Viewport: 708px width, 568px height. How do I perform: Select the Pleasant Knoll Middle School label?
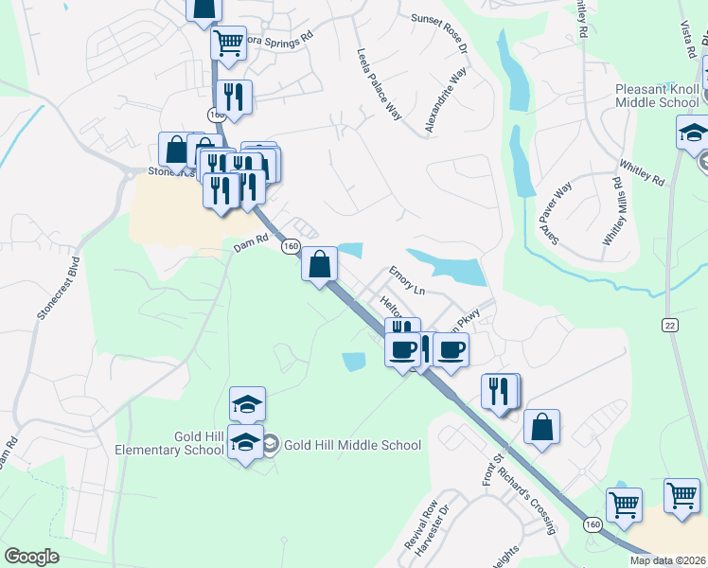[x=656, y=96]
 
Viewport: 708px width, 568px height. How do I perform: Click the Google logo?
[x=32, y=557]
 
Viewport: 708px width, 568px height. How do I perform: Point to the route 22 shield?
[x=670, y=325]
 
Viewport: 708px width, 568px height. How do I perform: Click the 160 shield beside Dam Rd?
[x=291, y=246]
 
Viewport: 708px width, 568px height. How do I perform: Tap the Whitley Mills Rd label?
[x=613, y=212]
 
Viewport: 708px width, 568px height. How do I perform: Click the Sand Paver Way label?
[x=556, y=216]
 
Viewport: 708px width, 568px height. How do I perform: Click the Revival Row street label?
[x=418, y=524]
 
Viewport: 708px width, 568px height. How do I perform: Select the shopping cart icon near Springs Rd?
[x=228, y=41]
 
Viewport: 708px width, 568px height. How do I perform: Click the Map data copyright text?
[x=667, y=560]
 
